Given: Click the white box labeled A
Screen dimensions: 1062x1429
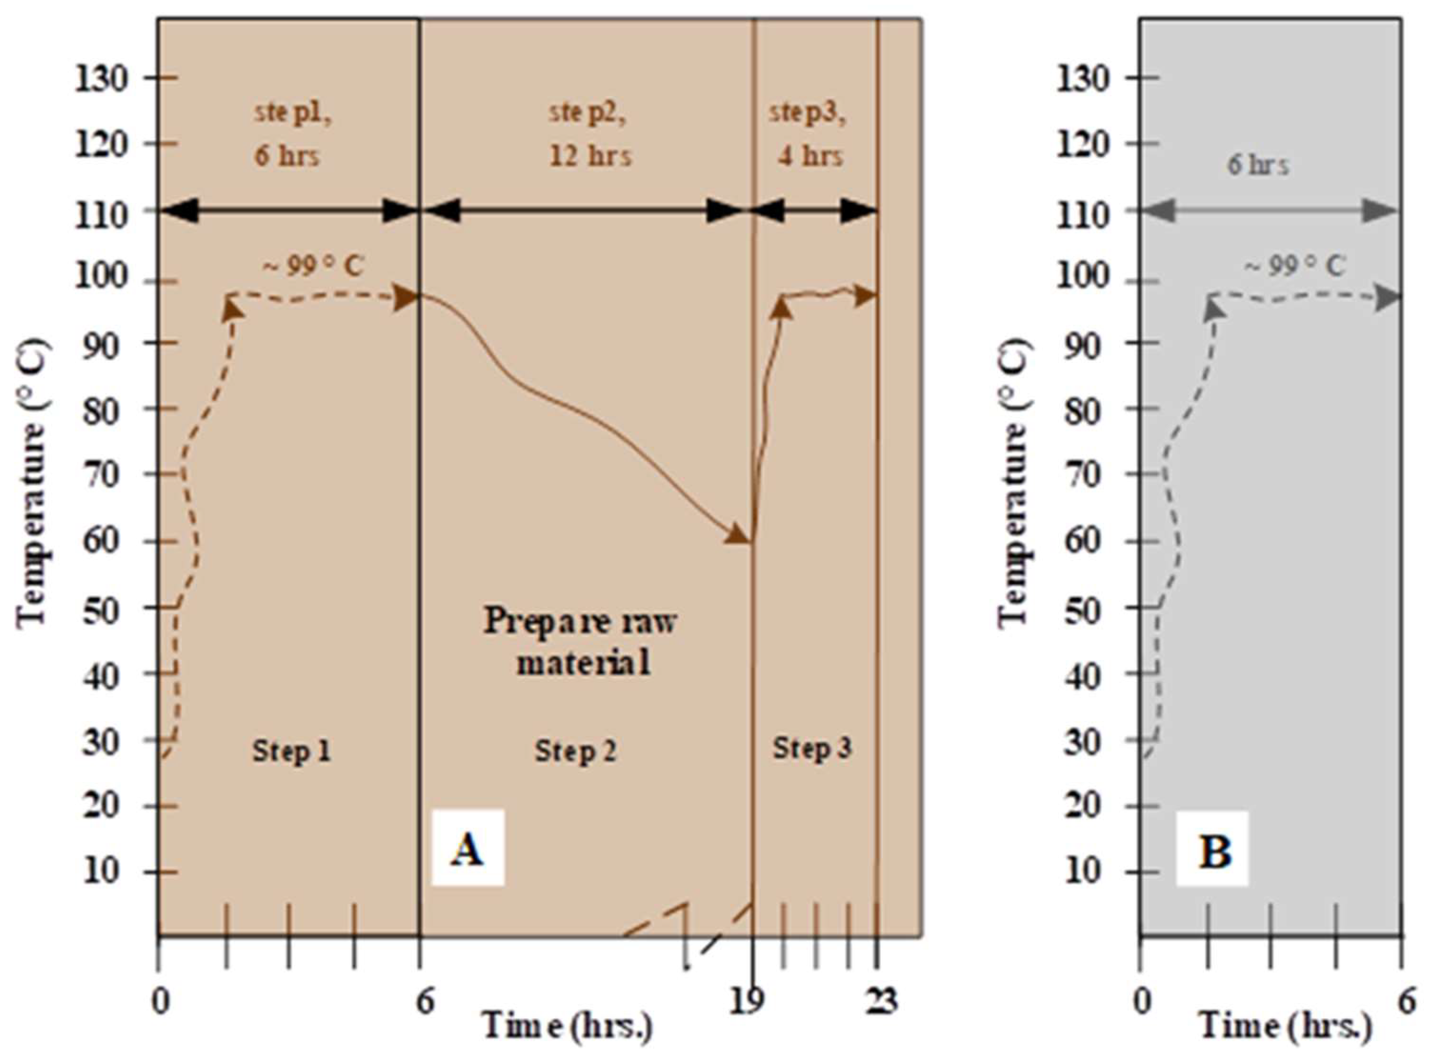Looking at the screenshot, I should coord(467,847).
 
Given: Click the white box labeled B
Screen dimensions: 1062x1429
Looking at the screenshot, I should coord(1212,848).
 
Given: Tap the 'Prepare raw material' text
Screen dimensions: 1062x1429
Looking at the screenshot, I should coord(580,641).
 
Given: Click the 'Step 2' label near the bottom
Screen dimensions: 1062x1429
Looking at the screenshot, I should coord(575,750).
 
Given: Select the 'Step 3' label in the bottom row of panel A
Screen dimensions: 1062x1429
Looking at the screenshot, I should coord(812,748).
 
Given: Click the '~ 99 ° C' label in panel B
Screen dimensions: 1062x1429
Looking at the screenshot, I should coord(1295,266).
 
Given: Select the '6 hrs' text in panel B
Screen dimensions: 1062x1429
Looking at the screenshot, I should coord(1258,165).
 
